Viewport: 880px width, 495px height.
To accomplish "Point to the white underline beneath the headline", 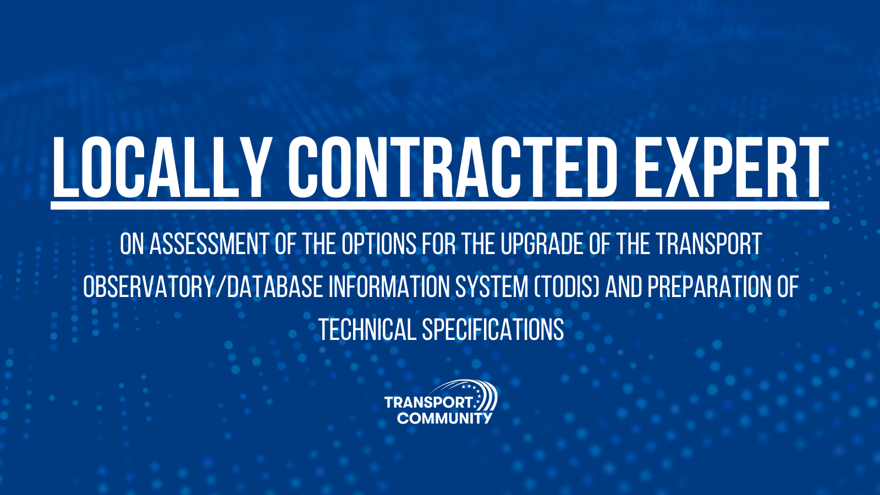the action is [x=440, y=206].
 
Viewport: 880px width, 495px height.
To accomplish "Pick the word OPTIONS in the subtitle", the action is [x=378, y=244].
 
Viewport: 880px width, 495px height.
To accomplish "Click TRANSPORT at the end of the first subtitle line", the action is [x=708, y=244].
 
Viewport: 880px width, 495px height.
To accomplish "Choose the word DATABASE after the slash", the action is [x=275, y=287].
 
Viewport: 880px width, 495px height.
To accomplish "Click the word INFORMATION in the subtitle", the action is [x=389, y=287].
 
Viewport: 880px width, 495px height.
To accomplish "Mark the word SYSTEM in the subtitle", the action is [x=492, y=287].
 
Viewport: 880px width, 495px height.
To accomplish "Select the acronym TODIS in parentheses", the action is [x=566, y=287].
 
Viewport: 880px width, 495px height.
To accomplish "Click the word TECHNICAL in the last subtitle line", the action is [x=367, y=329].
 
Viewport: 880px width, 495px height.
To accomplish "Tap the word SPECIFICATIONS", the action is [x=493, y=329].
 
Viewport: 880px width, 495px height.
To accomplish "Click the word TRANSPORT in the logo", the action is [x=428, y=402].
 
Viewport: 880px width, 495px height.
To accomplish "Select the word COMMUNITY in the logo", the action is [x=444, y=418].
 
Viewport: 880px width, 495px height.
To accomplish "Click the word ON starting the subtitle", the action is [x=132, y=244].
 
